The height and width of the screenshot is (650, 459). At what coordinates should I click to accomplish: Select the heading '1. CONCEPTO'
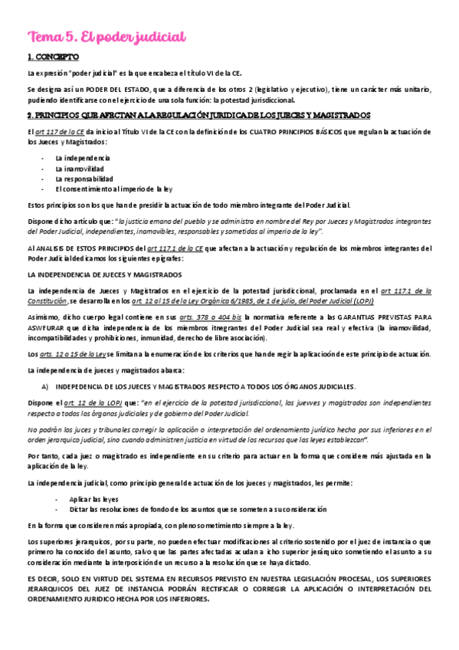click(53, 57)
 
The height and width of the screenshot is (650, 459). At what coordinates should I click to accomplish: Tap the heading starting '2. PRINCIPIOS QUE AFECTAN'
click(198, 115)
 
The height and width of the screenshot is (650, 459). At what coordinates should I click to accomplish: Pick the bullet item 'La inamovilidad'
click(79, 168)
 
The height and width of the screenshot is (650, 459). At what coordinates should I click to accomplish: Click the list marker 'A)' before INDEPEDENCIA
click(45, 386)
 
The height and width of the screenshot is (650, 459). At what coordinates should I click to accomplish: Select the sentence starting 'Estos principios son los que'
click(189, 205)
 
